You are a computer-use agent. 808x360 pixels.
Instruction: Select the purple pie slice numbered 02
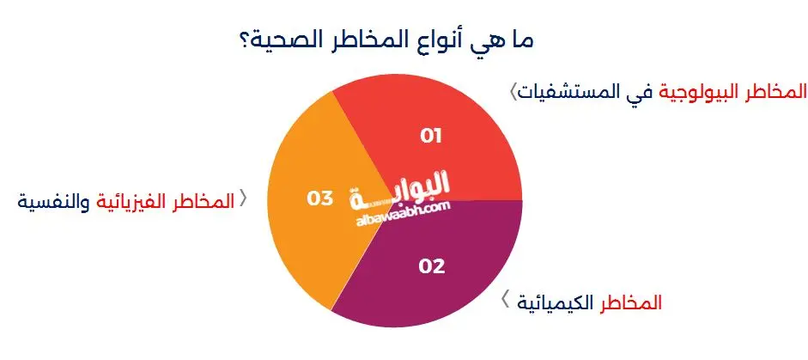click(429, 275)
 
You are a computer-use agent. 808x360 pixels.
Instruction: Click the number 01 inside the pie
click(430, 135)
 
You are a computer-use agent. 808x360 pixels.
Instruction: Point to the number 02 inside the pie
click(432, 265)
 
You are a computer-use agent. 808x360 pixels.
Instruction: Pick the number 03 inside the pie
click(319, 198)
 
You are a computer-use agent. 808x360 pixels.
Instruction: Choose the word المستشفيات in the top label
click(573, 90)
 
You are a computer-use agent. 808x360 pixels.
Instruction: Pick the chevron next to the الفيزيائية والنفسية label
click(243, 199)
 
